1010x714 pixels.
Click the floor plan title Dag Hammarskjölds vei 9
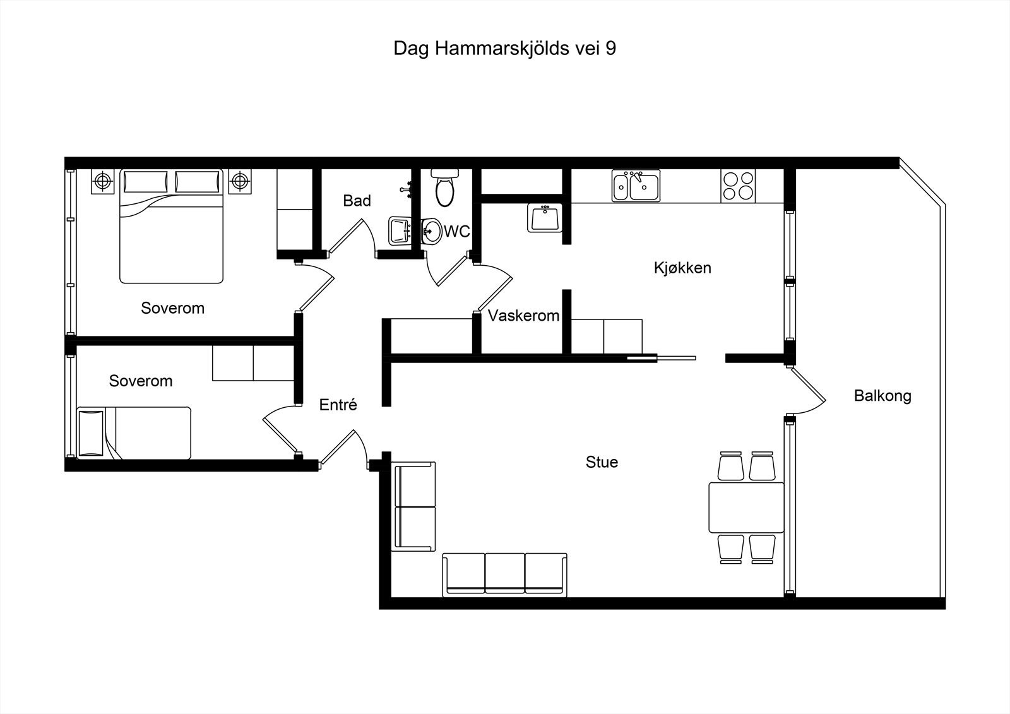[504, 49]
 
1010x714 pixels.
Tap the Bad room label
[357, 201]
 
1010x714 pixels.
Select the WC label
[457, 232]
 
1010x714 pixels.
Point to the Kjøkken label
[682, 268]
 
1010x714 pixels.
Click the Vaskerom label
[523, 316]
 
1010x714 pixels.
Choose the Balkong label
[882, 396]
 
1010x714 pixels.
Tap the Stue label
[602, 462]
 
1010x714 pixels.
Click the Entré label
[338, 405]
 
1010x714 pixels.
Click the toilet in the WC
[444, 187]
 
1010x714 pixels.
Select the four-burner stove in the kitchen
[738, 186]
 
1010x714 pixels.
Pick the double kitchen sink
[636, 186]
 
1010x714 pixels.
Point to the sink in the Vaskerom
[545, 218]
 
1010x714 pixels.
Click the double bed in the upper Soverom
[171, 226]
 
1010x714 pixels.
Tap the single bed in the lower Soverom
[134, 433]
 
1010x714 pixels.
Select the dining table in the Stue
[746, 508]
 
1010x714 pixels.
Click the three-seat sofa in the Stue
[504, 574]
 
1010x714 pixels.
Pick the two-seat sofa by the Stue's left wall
[413, 506]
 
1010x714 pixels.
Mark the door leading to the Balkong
[806, 391]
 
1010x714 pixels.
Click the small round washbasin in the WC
[432, 232]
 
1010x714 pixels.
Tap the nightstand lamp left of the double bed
[103, 181]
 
